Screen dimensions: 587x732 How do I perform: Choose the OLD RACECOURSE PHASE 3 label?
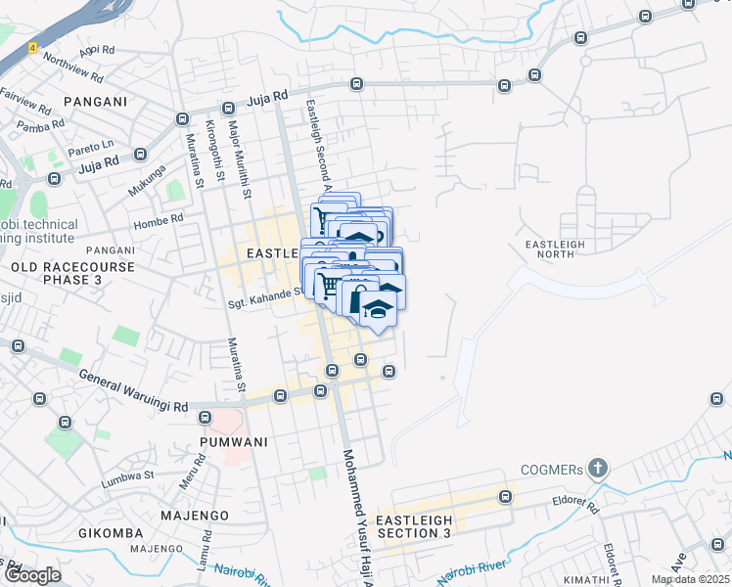coord(56,273)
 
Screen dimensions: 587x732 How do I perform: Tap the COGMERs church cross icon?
coord(596,469)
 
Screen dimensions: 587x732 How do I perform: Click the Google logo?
coord(32,575)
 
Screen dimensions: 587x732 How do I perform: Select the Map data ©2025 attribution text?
coord(691,579)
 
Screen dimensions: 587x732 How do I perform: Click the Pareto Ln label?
coord(94,146)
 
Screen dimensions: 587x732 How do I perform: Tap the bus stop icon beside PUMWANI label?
coord(205,418)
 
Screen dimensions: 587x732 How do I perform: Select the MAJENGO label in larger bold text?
coord(197,515)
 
